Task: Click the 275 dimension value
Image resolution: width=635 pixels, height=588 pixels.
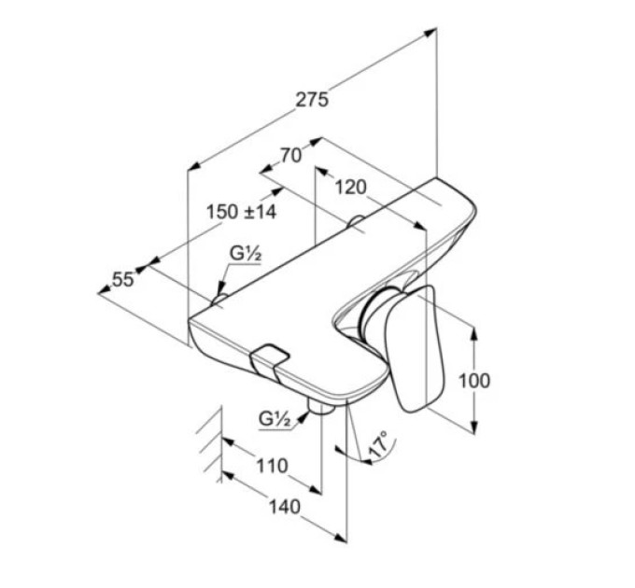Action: pos(311,100)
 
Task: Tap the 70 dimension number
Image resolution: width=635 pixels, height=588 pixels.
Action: pos(291,155)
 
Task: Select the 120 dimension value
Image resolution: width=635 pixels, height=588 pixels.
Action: pos(351,187)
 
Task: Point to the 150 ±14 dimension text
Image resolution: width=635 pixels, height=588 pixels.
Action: pos(241,211)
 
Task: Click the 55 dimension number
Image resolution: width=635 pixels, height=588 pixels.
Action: pos(122,279)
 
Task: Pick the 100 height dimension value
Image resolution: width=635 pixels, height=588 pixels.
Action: pos(473,381)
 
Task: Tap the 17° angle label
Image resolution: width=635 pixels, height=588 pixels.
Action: pos(379,444)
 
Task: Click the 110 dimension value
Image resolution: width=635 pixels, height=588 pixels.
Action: pos(272,466)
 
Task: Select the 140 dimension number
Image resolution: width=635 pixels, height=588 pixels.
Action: pos(285,507)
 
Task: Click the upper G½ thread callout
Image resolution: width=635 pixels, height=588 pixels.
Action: pos(245,254)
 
